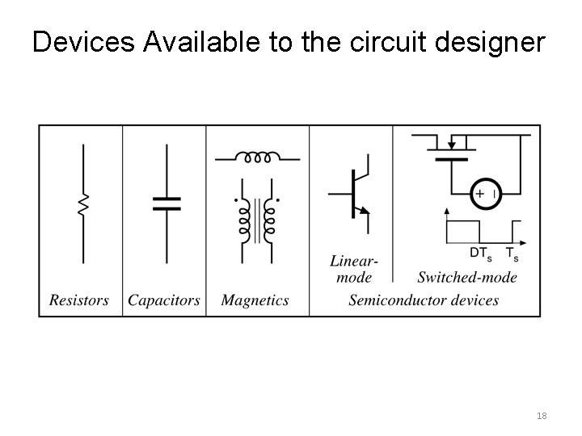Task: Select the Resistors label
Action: [x=79, y=300]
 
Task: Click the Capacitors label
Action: [x=164, y=300]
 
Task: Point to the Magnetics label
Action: [x=255, y=300]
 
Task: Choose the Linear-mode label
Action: [x=353, y=270]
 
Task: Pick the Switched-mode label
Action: [x=467, y=278]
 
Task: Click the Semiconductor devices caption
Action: [x=424, y=300]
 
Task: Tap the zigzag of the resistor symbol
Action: [x=82, y=204]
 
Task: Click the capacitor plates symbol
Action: [x=167, y=203]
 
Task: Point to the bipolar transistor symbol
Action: [x=352, y=194]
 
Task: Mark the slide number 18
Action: [x=541, y=416]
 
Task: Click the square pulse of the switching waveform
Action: [x=465, y=229]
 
